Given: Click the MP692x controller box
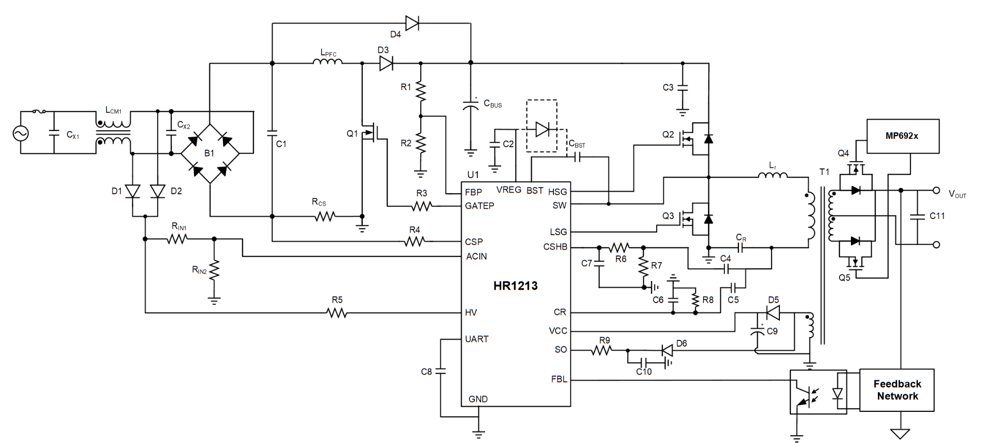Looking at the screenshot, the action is click(903, 136).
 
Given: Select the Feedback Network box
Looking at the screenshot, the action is click(897, 390).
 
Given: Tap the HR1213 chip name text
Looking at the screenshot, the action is click(515, 285).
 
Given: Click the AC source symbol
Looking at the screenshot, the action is click(21, 134).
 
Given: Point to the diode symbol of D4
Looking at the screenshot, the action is click(412, 23).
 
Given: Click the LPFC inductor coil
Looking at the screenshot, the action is click(328, 61).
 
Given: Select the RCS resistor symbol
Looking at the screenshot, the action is click(325, 216).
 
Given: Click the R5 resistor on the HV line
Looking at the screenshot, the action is click(337, 312).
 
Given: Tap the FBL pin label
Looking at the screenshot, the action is click(559, 379).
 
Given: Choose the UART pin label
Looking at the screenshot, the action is click(477, 339).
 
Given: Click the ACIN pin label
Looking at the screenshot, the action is click(476, 256).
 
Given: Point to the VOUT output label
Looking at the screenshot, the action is click(957, 194).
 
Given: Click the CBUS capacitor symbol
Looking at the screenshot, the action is click(471, 106).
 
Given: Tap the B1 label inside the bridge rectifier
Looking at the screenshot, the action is click(209, 153).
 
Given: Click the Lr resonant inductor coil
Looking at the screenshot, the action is click(773, 175).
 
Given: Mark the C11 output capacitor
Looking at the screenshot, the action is click(917, 216).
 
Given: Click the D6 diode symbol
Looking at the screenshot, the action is click(667, 350).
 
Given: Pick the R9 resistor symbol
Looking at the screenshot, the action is click(602, 350).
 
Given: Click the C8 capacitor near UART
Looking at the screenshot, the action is click(440, 371).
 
